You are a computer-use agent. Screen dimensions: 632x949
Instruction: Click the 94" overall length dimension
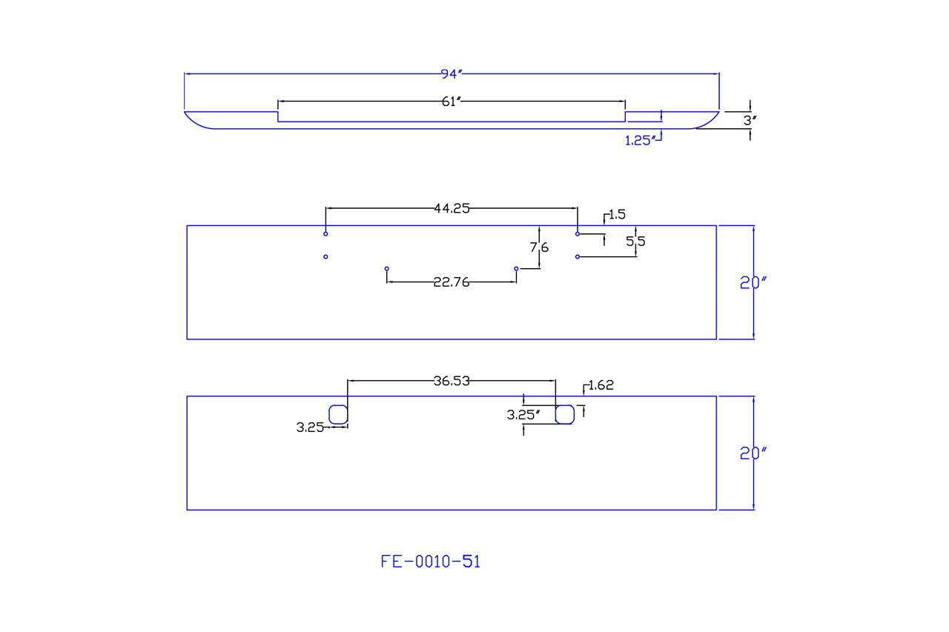click(x=452, y=74)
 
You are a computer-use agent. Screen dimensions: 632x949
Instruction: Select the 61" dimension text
click(x=452, y=102)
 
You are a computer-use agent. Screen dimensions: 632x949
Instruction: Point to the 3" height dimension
click(x=750, y=120)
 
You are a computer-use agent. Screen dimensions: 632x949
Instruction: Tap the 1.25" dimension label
click(x=640, y=141)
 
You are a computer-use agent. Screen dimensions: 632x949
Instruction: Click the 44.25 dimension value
click(x=452, y=209)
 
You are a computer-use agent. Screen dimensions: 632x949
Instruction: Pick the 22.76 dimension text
click(x=452, y=282)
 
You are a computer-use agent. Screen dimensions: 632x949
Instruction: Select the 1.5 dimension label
click(x=617, y=215)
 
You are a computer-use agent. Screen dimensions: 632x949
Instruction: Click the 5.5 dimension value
click(x=635, y=241)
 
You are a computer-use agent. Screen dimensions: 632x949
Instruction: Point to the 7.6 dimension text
click(x=539, y=247)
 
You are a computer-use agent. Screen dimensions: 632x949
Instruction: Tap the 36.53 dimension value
click(x=452, y=382)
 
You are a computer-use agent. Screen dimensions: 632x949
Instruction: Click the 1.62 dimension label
click(x=601, y=385)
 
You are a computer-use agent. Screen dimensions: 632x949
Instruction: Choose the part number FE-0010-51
click(x=431, y=562)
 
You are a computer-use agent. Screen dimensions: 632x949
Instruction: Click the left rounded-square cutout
click(x=338, y=414)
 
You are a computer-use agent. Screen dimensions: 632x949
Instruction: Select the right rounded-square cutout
click(x=565, y=414)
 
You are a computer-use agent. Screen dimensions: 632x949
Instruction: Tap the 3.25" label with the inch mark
click(x=523, y=415)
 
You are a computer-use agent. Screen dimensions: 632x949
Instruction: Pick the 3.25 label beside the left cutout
click(x=310, y=428)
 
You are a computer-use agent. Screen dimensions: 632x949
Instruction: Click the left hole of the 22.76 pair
click(x=387, y=268)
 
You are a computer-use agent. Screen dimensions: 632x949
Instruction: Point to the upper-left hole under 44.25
click(x=325, y=234)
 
